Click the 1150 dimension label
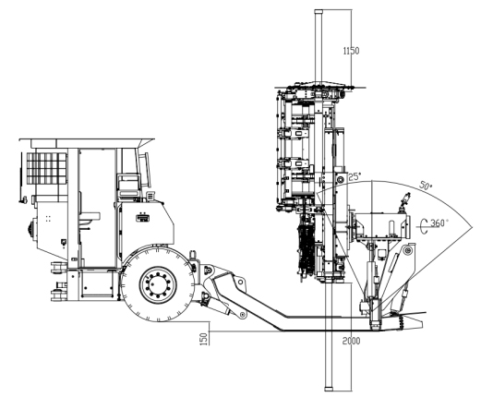(351, 51)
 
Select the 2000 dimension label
(351, 341)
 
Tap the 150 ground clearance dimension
(204, 339)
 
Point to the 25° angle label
(355, 176)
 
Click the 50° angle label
(426, 186)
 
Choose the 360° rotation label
(439, 223)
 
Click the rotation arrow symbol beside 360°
(424, 226)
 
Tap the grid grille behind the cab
(47, 168)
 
